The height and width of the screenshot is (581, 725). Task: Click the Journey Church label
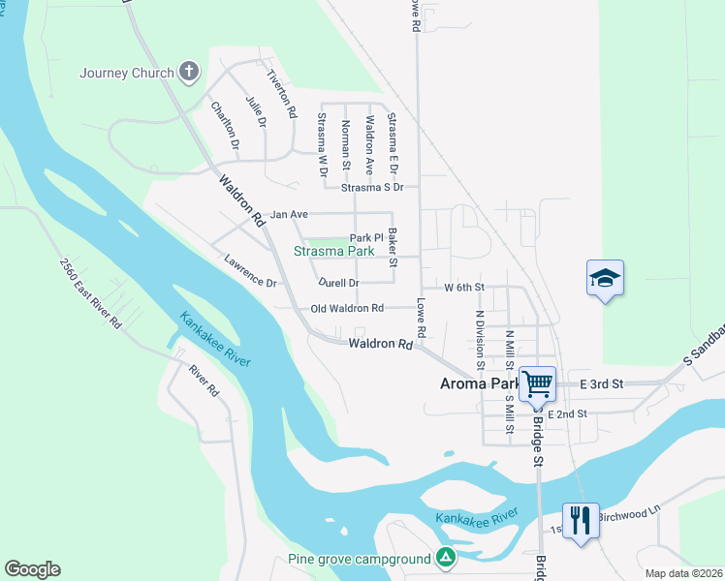[127, 73]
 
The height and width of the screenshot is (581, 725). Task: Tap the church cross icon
[189, 72]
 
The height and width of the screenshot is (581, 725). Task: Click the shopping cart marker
[536, 382]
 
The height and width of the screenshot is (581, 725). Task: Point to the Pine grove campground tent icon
[445, 558]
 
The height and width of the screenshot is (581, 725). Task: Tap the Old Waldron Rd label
[347, 308]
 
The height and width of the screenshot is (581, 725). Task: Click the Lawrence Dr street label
[250, 271]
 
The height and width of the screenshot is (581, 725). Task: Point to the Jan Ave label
[288, 214]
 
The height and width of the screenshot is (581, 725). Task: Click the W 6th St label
[463, 288]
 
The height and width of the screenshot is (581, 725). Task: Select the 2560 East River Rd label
[89, 293]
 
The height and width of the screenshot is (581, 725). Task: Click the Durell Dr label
[339, 283]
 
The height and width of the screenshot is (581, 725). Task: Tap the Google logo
[32, 569]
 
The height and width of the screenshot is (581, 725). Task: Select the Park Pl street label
[367, 237]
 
